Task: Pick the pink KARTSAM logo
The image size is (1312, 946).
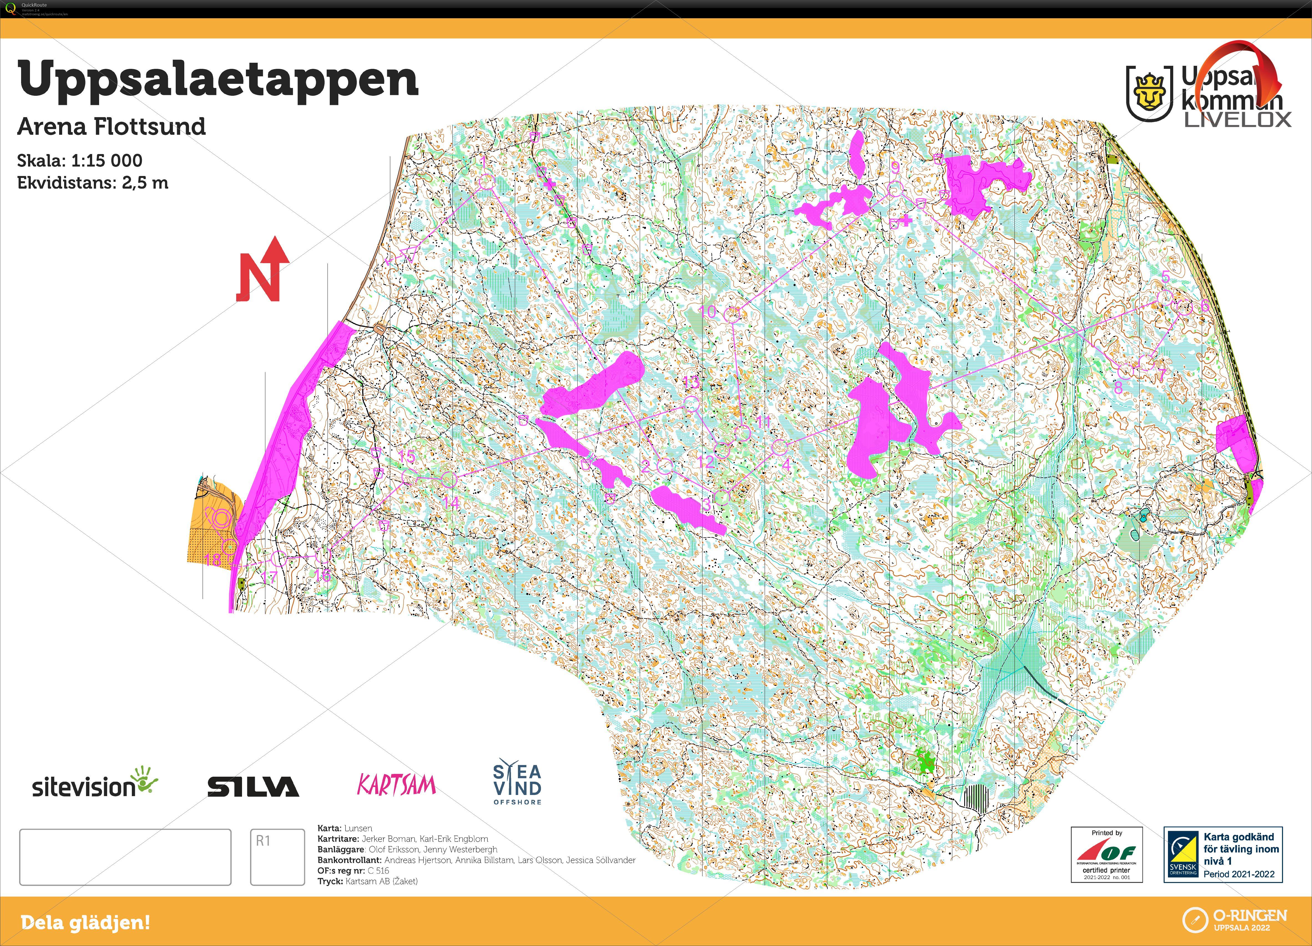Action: pos(396,785)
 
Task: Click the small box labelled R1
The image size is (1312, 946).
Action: pos(277,856)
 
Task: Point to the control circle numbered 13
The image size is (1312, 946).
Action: pos(691,403)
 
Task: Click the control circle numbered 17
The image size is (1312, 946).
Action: pos(279,558)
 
